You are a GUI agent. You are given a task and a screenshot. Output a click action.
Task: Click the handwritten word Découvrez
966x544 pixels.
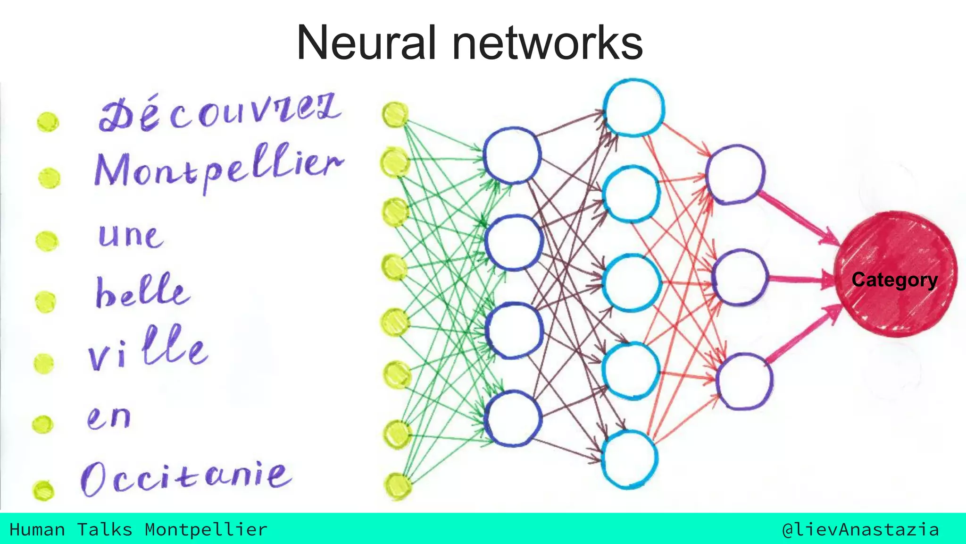(x=219, y=113)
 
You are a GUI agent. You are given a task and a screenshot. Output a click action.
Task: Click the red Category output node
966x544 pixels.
(x=895, y=274)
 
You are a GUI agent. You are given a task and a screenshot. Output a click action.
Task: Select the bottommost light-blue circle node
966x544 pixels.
(x=630, y=459)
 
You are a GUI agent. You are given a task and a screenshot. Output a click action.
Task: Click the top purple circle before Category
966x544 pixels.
(x=735, y=175)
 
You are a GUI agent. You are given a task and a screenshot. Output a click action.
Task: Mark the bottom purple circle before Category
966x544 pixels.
(x=744, y=381)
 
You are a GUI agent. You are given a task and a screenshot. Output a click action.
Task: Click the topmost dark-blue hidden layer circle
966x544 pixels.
(x=512, y=155)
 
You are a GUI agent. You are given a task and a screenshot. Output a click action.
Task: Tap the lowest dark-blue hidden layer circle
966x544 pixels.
(x=513, y=418)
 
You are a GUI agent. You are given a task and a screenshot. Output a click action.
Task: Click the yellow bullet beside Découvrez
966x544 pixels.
(x=48, y=122)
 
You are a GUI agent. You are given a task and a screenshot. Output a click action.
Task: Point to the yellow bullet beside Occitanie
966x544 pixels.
(x=43, y=490)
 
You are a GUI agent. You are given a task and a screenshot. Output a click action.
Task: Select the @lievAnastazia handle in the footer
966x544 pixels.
(x=860, y=529)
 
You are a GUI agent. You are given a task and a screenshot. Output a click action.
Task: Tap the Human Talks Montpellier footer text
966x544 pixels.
(x=138, y=529)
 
